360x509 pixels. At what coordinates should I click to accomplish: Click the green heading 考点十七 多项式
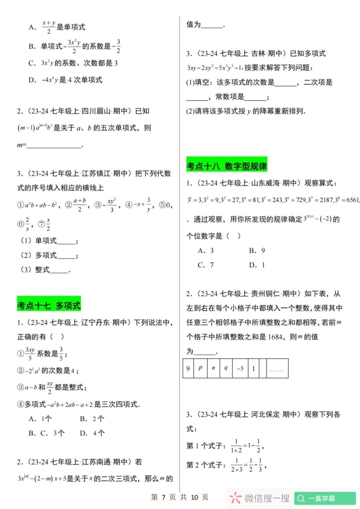coord(49,305)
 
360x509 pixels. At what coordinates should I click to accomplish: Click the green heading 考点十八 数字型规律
coord(227,166)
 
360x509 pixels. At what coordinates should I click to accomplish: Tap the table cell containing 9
coord(188,368)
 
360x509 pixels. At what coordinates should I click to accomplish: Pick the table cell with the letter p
coord(201,368)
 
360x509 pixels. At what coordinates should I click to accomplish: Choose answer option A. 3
coord(206,251)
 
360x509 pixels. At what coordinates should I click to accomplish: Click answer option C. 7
coord(206,265)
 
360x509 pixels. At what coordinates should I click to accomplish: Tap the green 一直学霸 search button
coord(325,498)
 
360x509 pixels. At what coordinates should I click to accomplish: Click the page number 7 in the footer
coord(164,497)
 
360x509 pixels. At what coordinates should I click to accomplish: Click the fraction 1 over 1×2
coord(236,446)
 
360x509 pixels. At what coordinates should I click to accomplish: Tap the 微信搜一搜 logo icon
coord(236,498)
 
